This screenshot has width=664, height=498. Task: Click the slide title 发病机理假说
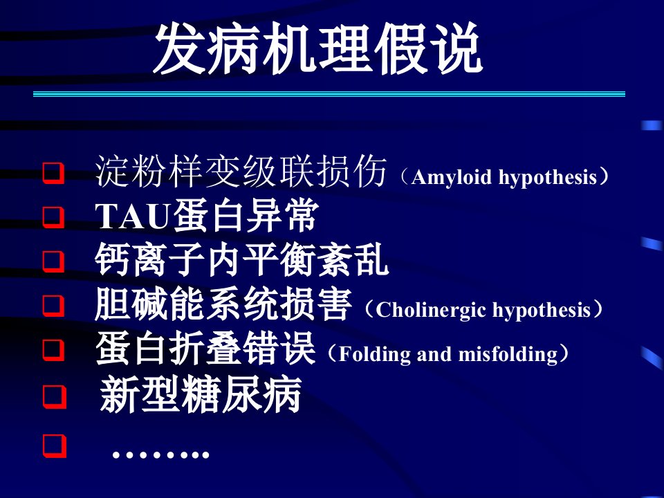tap(317, 49)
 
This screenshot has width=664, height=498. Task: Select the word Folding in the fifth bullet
tap(374, 354)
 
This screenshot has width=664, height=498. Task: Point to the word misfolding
tap(508, 354)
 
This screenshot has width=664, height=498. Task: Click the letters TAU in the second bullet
tap(133, 216)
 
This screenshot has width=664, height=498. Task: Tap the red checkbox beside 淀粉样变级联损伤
tap(54, 173)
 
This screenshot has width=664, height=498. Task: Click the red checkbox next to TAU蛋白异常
tap(54, 217)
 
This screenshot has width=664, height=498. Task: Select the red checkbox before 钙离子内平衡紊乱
tap(54, 261)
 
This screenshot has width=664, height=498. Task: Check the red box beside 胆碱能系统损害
tap(54, 306)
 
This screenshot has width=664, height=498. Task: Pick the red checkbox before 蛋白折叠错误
tap(54, 350)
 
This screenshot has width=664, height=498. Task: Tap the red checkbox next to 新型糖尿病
tap(55, 396)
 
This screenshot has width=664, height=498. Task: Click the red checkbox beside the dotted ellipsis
tap(55, 446)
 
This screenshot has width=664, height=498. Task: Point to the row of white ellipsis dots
tap(161, 455)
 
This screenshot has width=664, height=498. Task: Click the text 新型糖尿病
tap(200, 394)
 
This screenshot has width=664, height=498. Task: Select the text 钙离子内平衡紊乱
tap(241, 260)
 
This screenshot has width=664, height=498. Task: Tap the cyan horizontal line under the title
tap(329, 94)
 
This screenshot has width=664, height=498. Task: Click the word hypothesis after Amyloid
tap(548, 178)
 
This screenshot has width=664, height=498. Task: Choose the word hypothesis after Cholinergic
tap(542, 311)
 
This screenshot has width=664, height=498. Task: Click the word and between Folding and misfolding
tap(434, 354)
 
